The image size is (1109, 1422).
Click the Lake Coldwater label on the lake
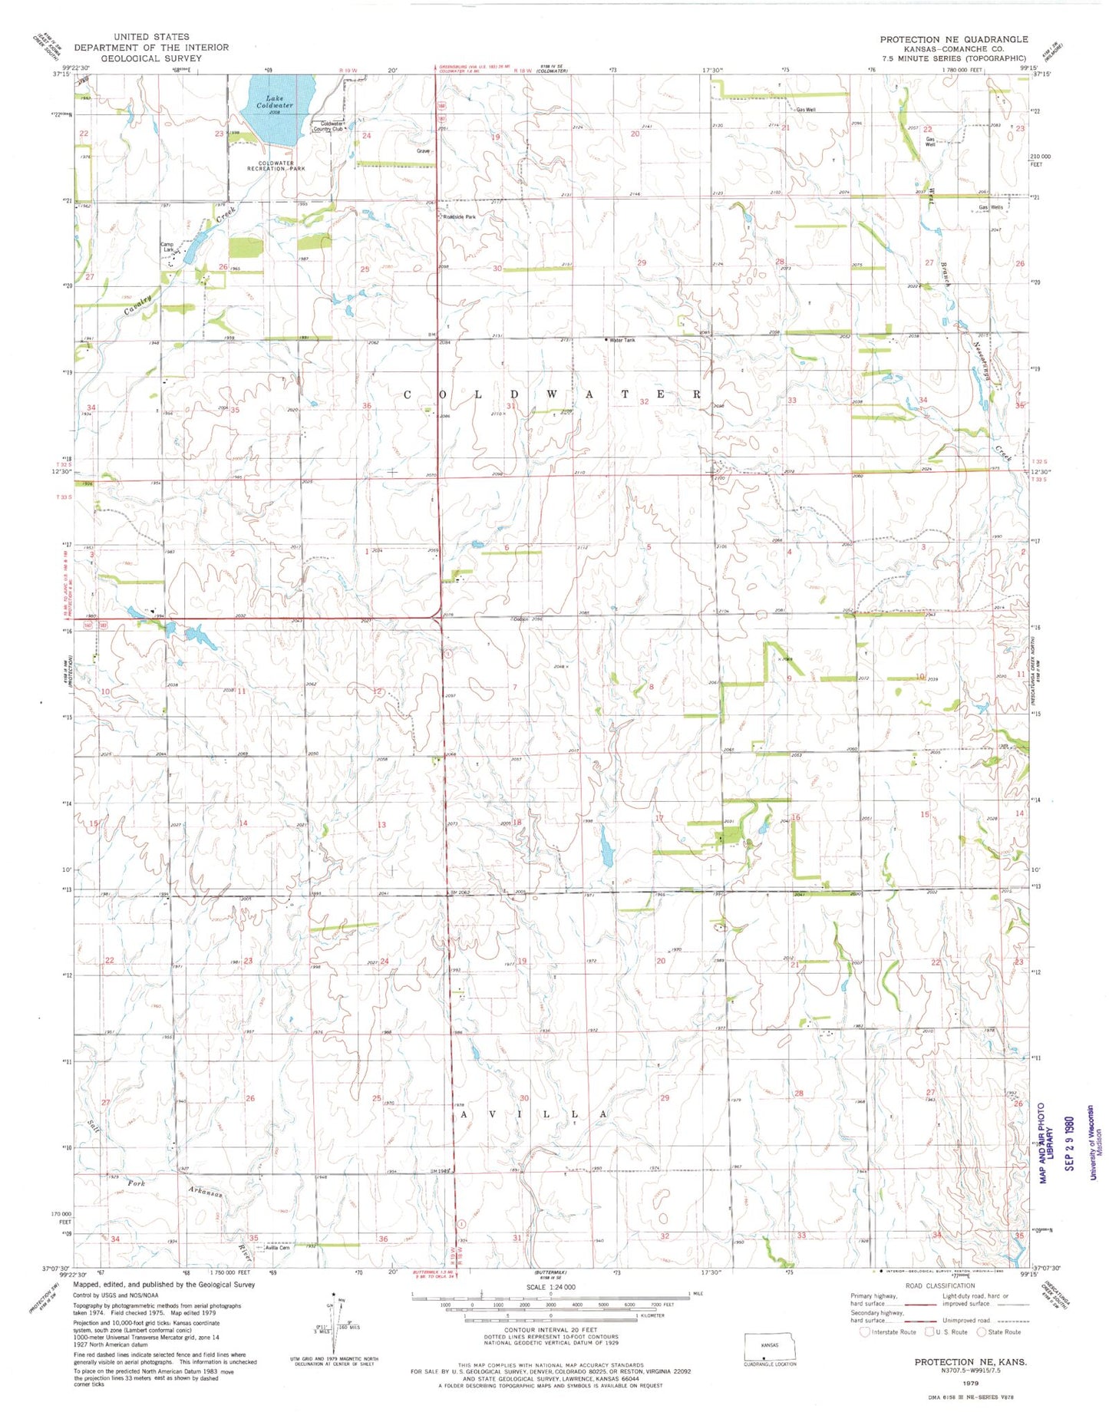pos(275,101)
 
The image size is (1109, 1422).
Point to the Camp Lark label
pos(167,247)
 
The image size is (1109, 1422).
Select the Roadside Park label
pos(460,217)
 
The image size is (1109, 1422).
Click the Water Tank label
pos(622,340)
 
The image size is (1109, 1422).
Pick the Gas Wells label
pos(990,207)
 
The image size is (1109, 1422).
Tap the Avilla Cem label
pos(276,1248)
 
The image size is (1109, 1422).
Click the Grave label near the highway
pos(423,151)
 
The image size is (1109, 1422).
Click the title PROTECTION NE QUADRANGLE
pos(953,39)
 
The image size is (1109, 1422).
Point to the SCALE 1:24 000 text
pos(550,1287)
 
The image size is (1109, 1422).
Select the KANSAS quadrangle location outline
pos(770,1347)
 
